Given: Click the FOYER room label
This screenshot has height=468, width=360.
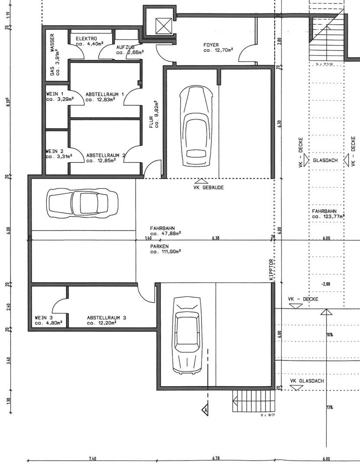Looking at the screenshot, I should coord(211,45).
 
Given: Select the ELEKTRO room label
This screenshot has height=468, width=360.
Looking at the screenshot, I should coord(86,39).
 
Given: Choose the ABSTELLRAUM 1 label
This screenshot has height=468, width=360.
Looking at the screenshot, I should coord(105,94).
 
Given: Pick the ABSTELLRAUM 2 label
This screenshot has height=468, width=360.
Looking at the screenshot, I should coord(106,155).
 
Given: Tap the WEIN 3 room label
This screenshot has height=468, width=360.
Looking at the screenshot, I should coord(44,318).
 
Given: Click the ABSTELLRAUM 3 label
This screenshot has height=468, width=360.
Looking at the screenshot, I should coord(107,318).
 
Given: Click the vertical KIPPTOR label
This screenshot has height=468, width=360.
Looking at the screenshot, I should coord(272,270).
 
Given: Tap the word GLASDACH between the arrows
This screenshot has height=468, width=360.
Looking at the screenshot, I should coord(325,160).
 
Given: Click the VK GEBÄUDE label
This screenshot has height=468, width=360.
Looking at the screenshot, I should coord(208,187).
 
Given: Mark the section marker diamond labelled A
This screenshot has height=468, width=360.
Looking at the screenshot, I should coord(205,409).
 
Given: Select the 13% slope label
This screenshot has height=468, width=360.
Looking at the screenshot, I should coord(330,407).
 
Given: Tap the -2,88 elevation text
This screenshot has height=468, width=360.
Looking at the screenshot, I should coord(326,284).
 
